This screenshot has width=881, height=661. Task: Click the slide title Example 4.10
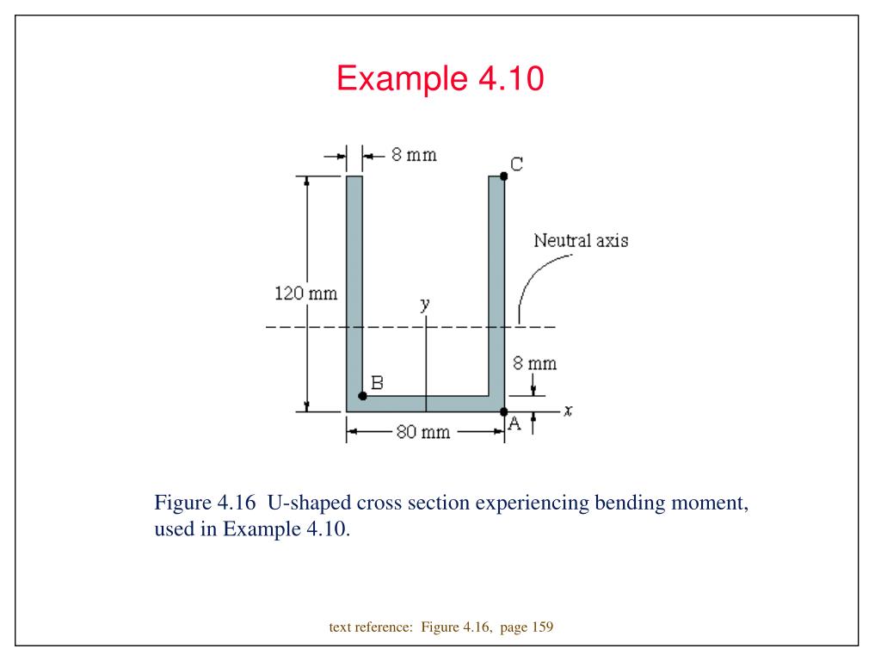(440, 79)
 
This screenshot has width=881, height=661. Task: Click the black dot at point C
(504, 176)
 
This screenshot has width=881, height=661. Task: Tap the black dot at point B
(362, 396)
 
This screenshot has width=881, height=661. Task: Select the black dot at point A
(504, 411)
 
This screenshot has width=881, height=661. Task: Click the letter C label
(517, 164)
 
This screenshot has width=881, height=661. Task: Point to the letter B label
(376, 382)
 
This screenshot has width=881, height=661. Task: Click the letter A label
(515, 423)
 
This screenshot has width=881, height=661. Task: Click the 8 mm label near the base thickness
(534, 363)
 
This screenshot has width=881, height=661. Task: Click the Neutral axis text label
(581, 240)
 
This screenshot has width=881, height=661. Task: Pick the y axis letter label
(425, 304)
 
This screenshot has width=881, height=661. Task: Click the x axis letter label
(568, 411)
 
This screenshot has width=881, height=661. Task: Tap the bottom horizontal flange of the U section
(425, 404)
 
